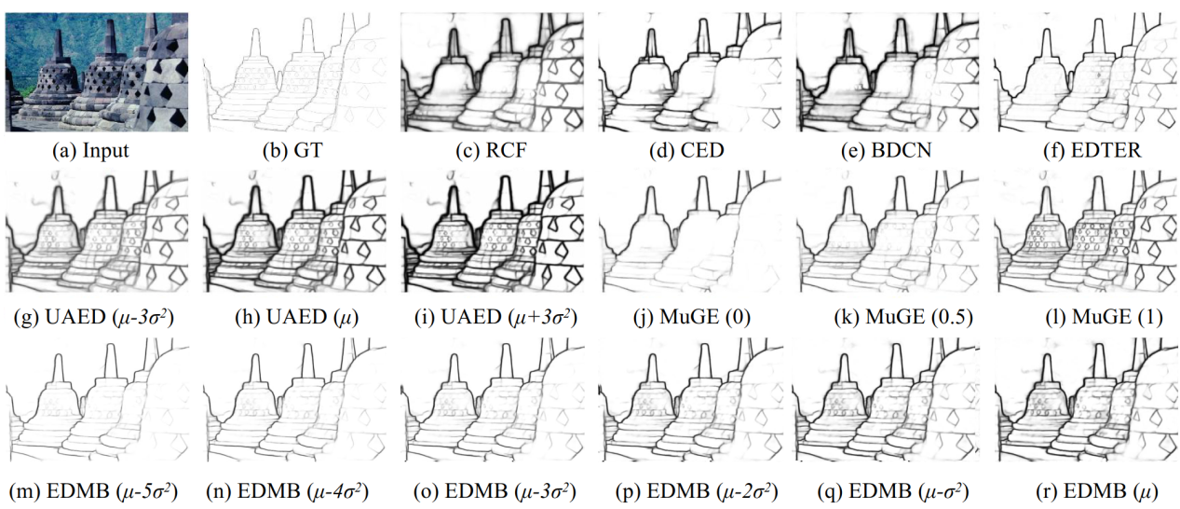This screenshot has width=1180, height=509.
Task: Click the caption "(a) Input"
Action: tap(90, 150)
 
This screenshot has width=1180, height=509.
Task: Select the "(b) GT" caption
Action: tap(292, 150)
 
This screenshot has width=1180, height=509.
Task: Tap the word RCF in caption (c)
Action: tap(506, 150)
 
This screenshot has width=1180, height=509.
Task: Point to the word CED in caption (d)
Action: tap(702, 150)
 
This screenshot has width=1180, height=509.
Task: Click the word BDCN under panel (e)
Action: tap(902, 150)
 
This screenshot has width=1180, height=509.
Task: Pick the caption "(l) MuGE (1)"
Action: tap(1105, 317)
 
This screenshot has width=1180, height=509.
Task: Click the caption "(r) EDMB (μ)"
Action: tap(1097, 491)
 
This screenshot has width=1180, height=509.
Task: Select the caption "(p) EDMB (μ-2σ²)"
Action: tap(697, 491)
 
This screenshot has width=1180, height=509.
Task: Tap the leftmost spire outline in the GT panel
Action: tap(255, 42)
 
